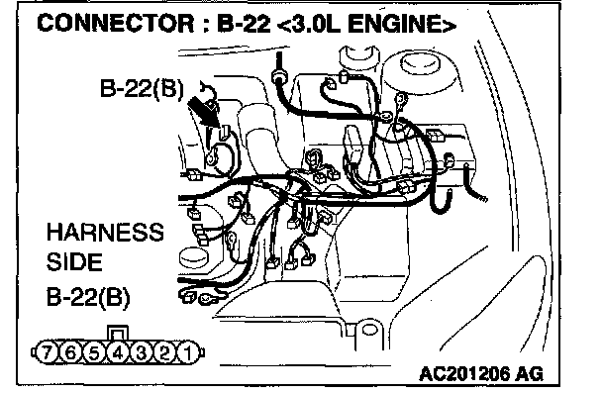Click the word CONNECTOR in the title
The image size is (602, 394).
[116, 23]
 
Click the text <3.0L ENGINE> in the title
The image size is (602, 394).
[366, 24]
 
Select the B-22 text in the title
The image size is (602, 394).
[243, 23]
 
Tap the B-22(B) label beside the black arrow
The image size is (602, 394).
[142, 89]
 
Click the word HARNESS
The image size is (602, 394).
[105, 233]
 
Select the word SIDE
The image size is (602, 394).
[74, 262]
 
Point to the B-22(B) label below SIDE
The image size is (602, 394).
[88, 297]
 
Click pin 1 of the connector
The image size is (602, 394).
[188, 352]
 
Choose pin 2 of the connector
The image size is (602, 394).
[164, 352]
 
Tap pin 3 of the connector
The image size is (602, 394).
[141, 352]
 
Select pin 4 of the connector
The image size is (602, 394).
[118, 352]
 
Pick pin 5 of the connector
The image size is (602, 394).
[94, 352]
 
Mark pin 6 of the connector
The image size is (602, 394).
[70, 352]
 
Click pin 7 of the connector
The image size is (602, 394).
[47, 352]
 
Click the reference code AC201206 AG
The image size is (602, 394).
[481, 373]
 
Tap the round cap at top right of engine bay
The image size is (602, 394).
[419, 64]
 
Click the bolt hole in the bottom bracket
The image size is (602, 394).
[369, 330]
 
